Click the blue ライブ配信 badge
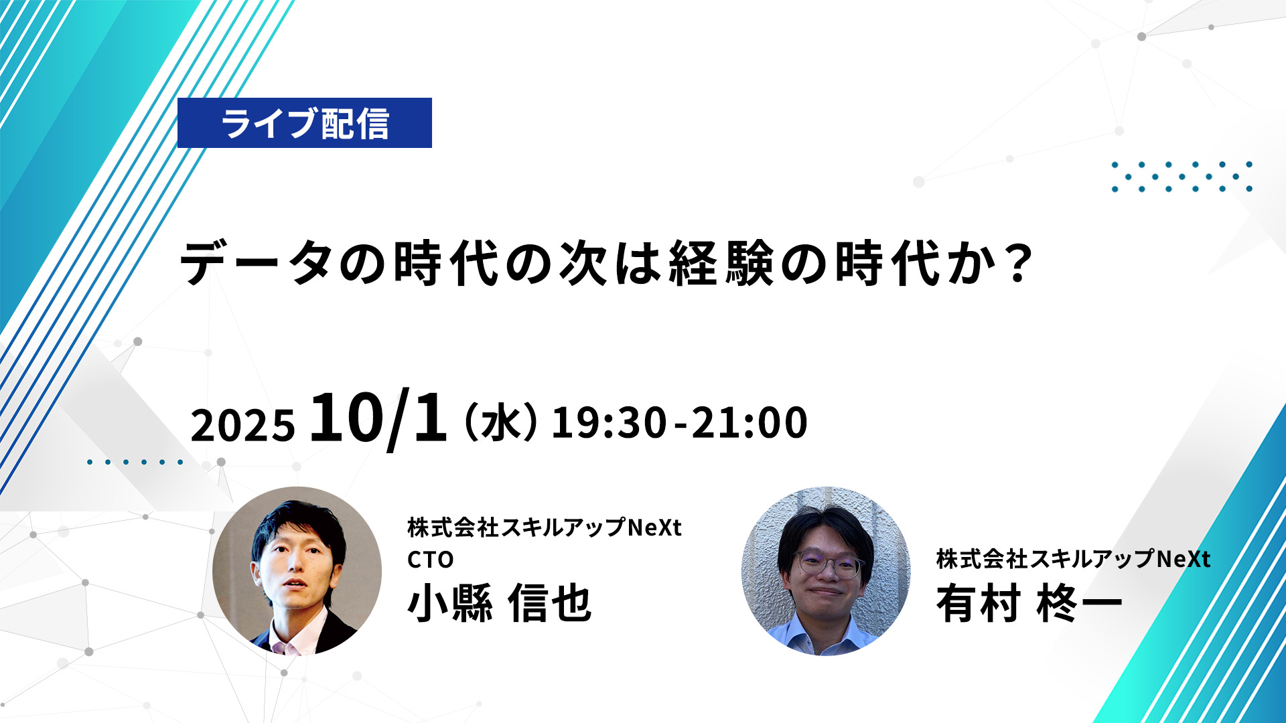[305, 123]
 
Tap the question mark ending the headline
[1020, 263]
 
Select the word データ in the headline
[257, 263]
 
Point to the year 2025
[242, 425]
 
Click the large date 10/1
[378, 418]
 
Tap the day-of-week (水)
[501, 422]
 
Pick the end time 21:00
[749, 422]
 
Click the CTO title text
[431, 560]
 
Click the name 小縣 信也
[500, 603]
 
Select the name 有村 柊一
[1029, 603]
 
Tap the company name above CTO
[545, 528]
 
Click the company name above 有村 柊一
[1074, 559]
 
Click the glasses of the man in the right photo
[829, 564]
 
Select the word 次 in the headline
[583, 263]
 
